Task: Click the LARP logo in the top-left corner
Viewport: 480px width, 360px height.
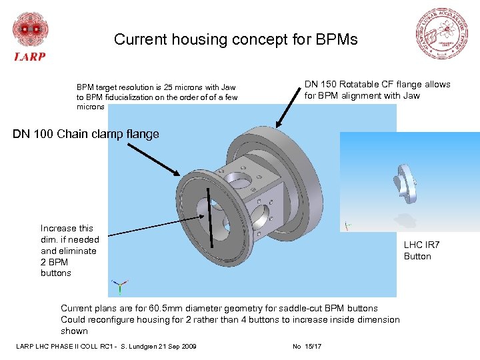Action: click(x=29, y=37)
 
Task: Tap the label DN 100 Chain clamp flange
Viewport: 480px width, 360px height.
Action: click(x=86, y=134)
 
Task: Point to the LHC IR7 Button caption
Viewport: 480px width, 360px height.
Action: click(x=417, y=251)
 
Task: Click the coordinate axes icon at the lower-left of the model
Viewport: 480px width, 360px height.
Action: click(x=119, y=287)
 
